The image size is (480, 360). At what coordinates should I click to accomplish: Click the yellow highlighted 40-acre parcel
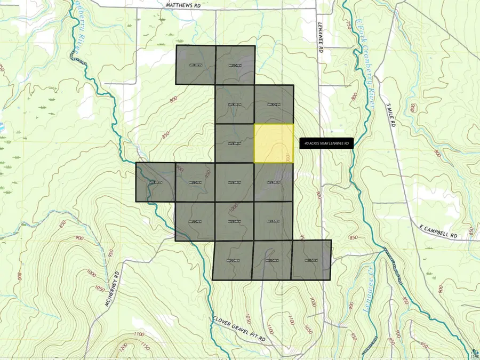coord(273,143)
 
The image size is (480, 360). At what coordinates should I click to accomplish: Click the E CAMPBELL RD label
coord(439,235)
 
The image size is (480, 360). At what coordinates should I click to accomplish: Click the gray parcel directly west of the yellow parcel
coord(235,143)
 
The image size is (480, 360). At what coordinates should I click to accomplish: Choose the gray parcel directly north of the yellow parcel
coord(274,105)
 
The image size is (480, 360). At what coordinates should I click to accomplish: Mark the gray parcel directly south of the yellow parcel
coord(274,182)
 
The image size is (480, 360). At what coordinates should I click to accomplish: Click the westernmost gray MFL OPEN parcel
coord(155,182)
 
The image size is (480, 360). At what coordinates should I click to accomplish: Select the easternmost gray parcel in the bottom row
coord(311,260)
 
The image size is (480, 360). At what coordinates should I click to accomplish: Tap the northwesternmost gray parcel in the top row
coord(196,65)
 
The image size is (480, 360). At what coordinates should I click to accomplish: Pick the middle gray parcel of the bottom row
coord(272,260)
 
